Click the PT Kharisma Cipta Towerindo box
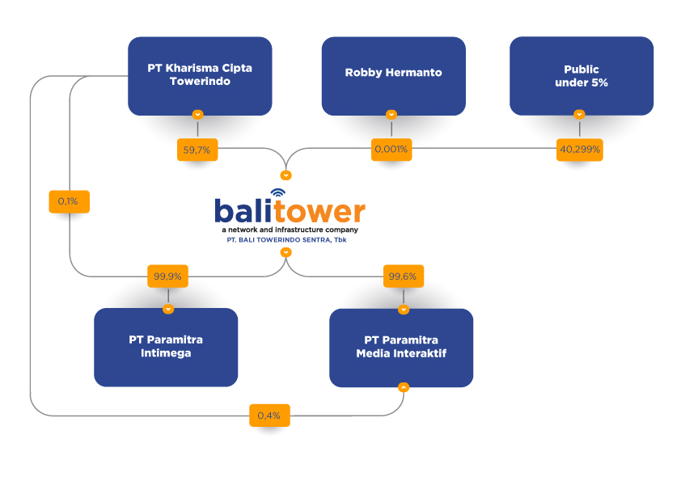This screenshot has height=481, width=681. [199, 75]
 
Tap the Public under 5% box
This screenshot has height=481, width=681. [581, 76]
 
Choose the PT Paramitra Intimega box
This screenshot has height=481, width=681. [166, 347]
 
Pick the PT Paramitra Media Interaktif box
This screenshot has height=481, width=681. [401, 347]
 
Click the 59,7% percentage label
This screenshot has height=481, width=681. [199, 150]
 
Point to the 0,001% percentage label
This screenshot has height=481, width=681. [391, 150]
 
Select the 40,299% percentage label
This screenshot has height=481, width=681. [579, 150]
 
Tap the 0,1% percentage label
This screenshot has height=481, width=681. [69, 201]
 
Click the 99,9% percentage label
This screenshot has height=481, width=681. [167, 276]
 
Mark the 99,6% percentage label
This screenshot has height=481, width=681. [403, 276]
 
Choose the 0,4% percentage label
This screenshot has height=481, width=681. [269, 416]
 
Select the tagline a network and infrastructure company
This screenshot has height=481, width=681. [290, 230]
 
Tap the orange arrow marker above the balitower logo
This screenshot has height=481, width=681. [286, 175]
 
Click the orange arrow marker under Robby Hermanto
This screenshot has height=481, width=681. [391, 115]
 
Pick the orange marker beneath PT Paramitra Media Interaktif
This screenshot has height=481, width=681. [403, 387]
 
